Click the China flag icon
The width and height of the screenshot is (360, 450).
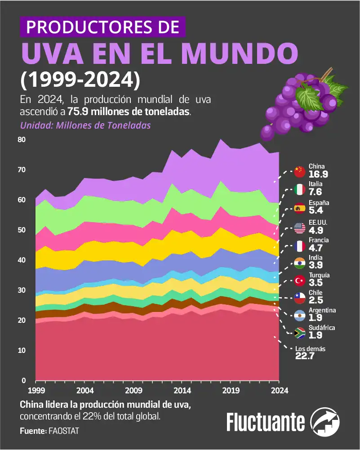pyautogui.click(x=300, y=171)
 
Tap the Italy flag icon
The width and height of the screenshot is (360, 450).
pyautogui.click(x=300, y=189)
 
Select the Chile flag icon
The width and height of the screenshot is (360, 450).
pyautogui.click(x=300, y=297)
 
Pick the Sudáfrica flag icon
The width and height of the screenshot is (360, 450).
pyautogui.click(x=300, y=333)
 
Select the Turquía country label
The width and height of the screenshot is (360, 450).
pyautogui.click(x=319, y=275)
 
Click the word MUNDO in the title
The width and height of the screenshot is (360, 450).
pyautogui.click(x=240, y=53)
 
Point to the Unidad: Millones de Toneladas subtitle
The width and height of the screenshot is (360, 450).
pyautogui.click(x=85, y=125)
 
